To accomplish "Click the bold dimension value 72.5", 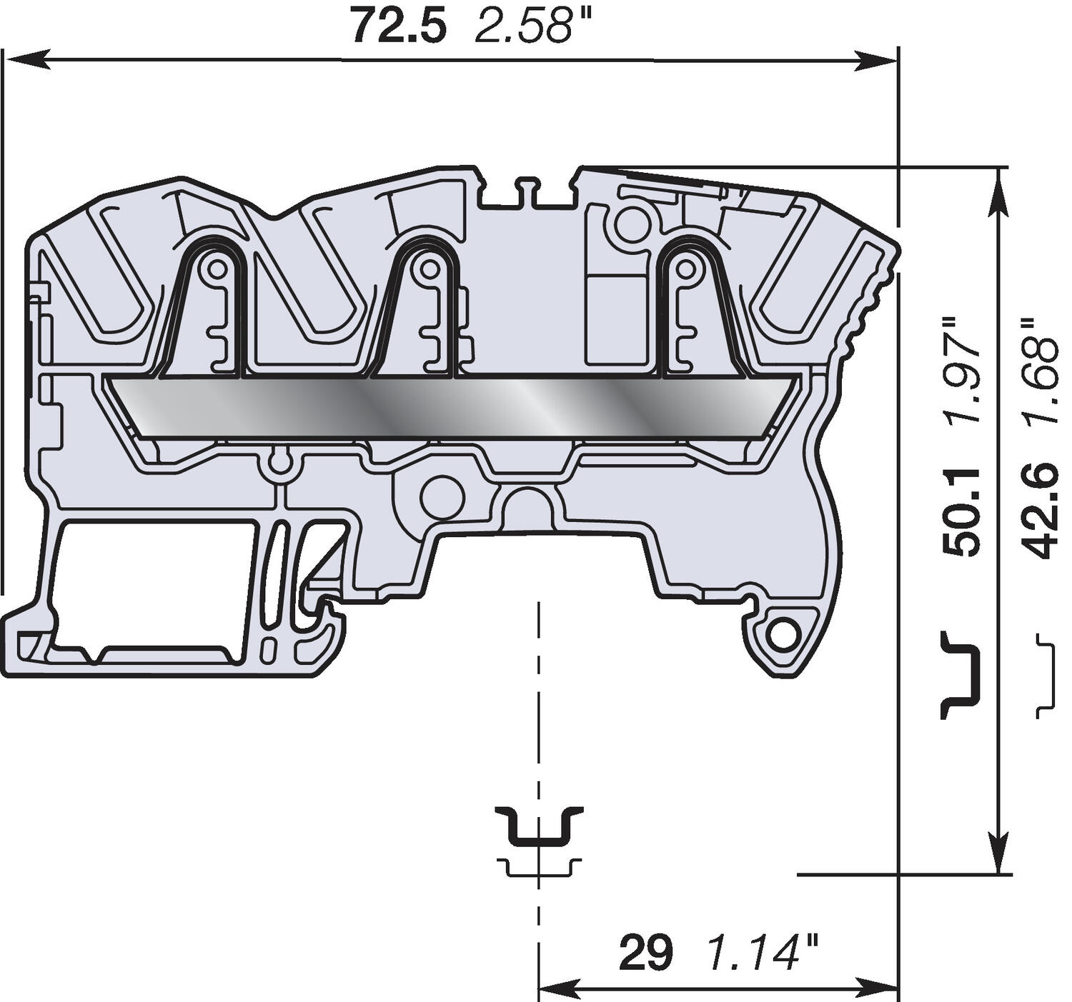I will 399,27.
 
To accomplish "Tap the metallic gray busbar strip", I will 450,406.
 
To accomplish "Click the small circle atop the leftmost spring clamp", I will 215,269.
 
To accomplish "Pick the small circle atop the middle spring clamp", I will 429,269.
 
